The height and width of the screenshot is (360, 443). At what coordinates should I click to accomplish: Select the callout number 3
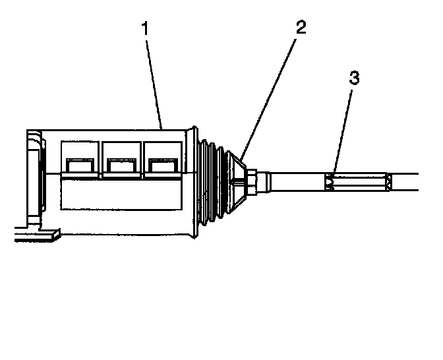click(353, 78)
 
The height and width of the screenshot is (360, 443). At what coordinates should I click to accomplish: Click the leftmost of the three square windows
click(80, 158)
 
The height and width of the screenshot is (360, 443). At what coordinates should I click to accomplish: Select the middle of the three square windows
click(121, 158)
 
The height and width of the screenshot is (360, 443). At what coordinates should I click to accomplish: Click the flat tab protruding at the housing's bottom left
click(36, 234)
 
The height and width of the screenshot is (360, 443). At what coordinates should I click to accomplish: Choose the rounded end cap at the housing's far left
click(32, 175)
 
